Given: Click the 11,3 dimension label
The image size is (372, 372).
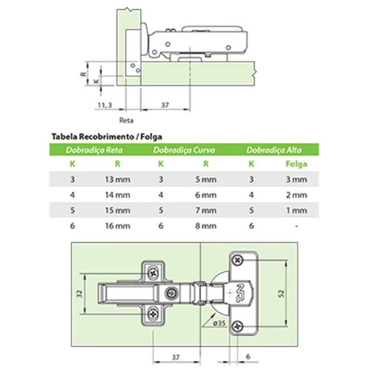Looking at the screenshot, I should point(105,105).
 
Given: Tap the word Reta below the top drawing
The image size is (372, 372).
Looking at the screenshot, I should point(126,120).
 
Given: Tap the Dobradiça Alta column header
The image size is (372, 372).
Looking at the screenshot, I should point(274,150).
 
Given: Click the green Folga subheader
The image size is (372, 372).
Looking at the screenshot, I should point(296,164).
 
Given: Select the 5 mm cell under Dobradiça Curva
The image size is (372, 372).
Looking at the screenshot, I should point(206,179).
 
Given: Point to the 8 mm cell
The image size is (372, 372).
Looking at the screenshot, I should point(206,226).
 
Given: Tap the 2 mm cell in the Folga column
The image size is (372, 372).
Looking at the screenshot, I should point(296,195).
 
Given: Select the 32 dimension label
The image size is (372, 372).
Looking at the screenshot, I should point(79,293).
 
